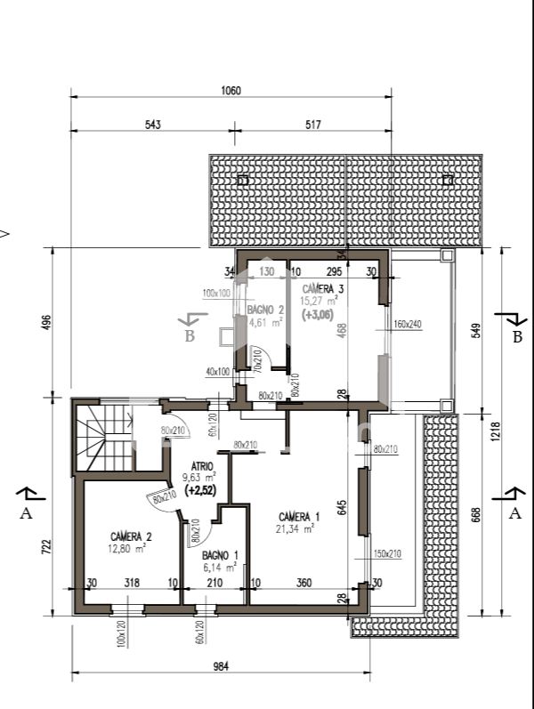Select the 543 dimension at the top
pos(152,125)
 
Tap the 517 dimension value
pos(312,125)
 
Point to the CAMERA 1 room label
pos(299,517)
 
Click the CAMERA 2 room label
pos(131,536)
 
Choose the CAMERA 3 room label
pos(323,289)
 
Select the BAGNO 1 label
pos(219,555)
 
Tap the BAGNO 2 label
pos(265,310)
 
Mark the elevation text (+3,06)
pos(319,314)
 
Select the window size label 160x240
pos(407,325)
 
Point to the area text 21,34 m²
pos(295,528)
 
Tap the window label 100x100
pos(216,293)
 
